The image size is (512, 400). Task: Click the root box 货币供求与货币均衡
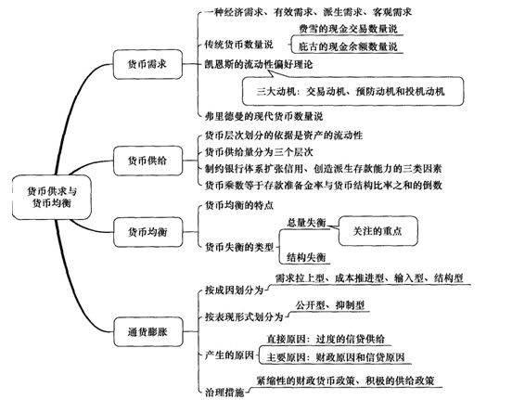[x=52, y=197]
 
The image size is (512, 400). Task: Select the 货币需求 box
[x=147, y=64]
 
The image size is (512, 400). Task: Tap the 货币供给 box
[x=147, y=161]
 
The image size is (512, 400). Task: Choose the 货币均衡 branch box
[x=147, y=232]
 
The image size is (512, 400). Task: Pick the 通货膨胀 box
[x=147, y=332]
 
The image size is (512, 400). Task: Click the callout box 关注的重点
[x=378, y=231]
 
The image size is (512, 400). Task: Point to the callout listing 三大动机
[x=352, y=91]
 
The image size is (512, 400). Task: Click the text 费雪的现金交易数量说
[x=348, y=29]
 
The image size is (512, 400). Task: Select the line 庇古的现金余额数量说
[x=348, y=46]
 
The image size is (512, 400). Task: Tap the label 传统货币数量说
[x=238, y=45]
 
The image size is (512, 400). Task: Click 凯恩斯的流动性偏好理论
[x=259, y=64]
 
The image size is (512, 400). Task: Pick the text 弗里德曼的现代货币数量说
[x=263, y=116]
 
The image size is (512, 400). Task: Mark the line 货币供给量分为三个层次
[x=259, y=152]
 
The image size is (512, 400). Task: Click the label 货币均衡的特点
[x=239, y=205]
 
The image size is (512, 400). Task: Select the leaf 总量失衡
[x=306, y=223]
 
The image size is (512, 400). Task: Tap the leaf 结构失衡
[x=306, y=257]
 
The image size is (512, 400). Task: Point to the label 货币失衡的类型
[x=239, y=247]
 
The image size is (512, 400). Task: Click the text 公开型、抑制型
[x=330, y=305]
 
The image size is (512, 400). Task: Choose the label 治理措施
[x=224, y=392]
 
